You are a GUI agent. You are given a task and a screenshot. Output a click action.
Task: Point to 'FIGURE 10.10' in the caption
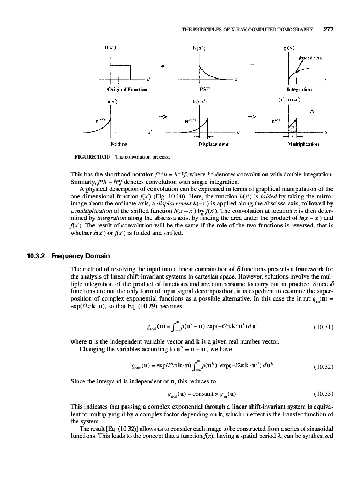tap(85, 157)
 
